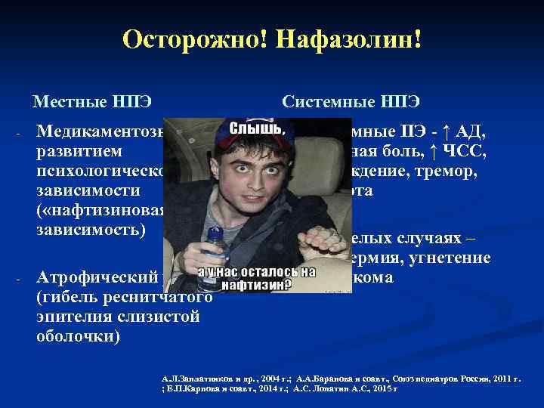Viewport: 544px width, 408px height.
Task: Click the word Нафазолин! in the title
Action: pos(335,39)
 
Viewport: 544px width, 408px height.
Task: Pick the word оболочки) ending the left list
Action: pos(77,335)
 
